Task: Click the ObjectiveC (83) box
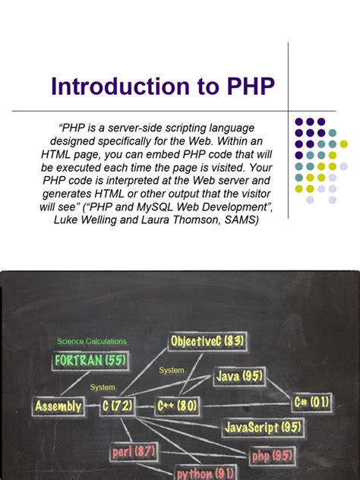[208, 342]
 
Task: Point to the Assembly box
[58, 406]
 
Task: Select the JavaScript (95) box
[263, 427]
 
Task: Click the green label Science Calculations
[92, 341]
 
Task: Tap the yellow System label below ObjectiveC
[172, 370]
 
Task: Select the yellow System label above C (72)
[103, 387]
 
